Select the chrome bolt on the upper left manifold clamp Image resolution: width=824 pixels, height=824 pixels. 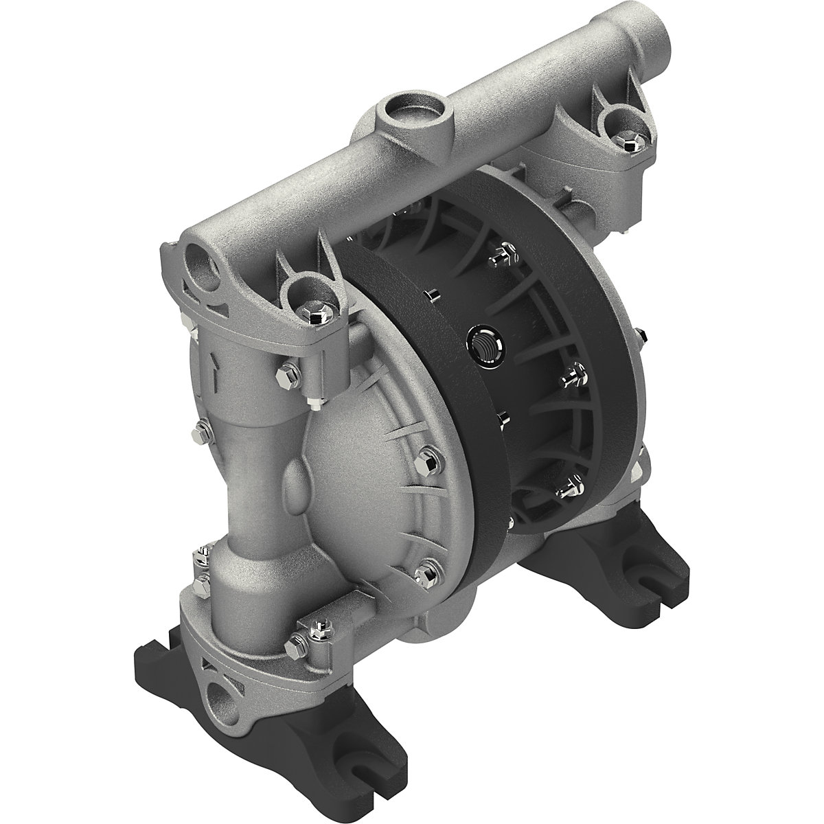click(317, 315)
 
